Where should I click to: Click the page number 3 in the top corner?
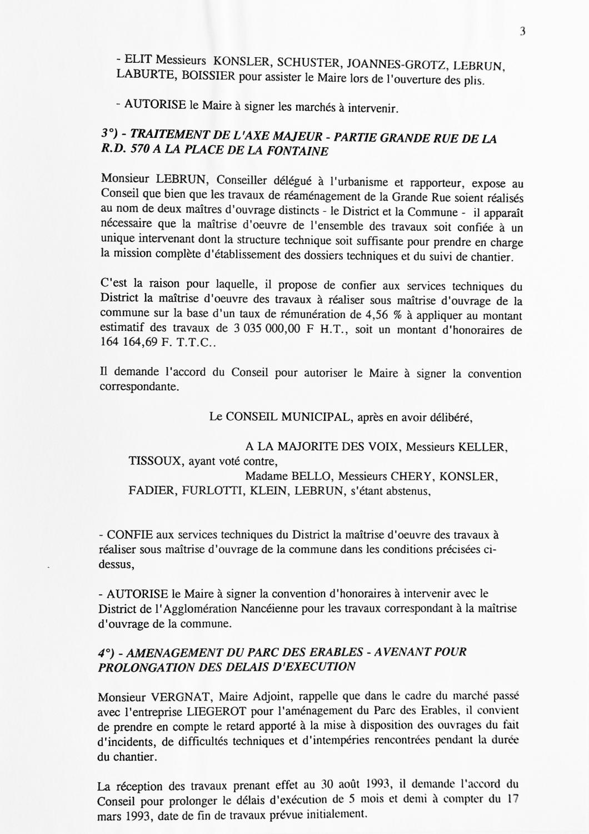click(x=522, y=32)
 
